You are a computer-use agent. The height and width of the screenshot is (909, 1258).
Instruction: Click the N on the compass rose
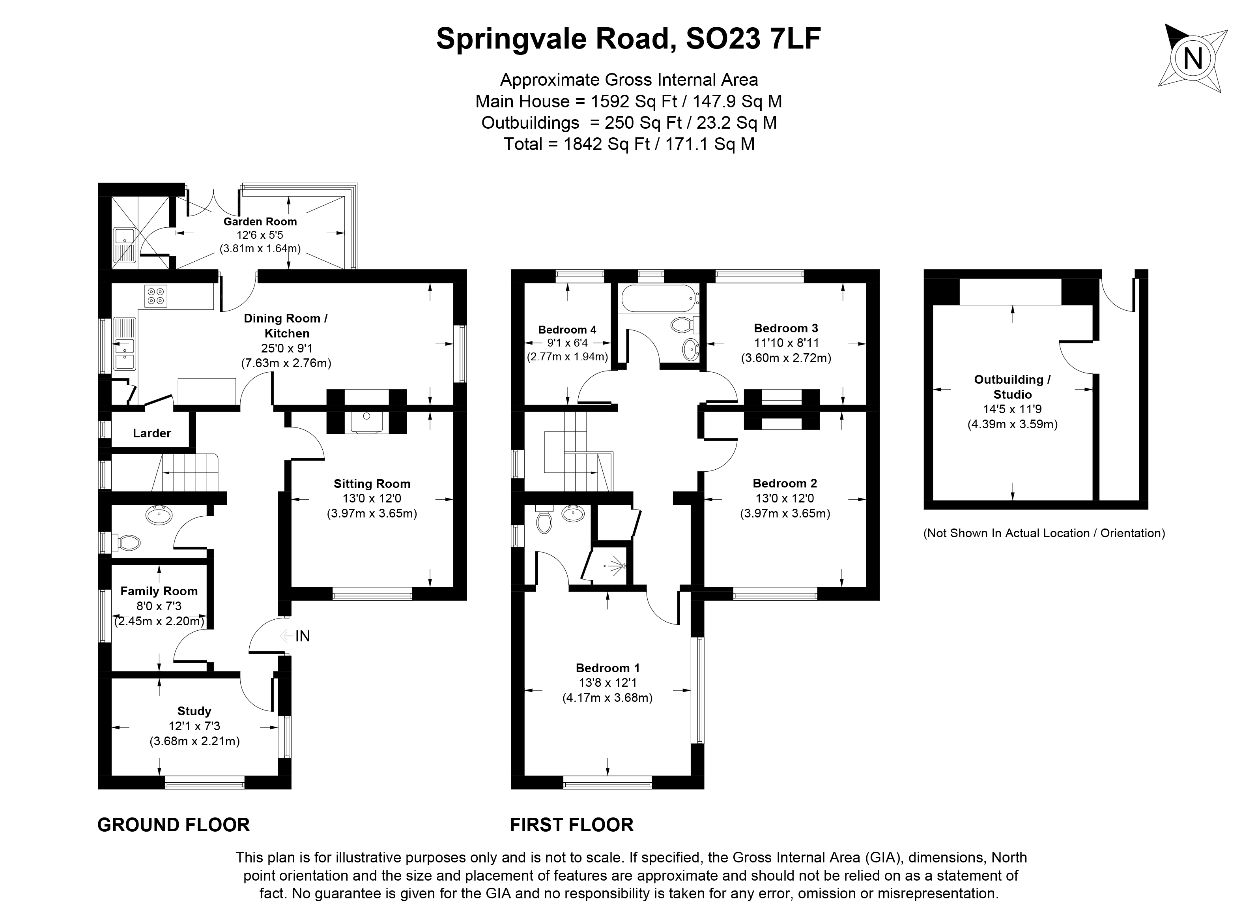tap(1193, 59)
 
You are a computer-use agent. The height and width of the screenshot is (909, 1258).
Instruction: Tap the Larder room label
tap(151, 433)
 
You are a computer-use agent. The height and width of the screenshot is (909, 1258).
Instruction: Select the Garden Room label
tap(260, 221)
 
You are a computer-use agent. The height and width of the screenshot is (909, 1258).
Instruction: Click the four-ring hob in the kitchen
tap(156, 296)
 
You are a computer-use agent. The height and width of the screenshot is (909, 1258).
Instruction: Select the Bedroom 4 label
tap(567, 330)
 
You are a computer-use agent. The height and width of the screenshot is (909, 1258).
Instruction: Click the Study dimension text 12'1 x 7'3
tap(194, 726)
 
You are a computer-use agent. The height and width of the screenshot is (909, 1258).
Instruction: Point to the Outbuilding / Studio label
tap(1012, 387)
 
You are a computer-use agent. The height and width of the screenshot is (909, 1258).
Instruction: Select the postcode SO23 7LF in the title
tap(753, 39)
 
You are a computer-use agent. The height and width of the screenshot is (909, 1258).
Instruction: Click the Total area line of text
tap(628, 144)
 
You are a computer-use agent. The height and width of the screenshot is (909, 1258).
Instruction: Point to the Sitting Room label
tap(372, 484)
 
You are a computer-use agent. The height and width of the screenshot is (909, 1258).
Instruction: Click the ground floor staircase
tap(189, 472)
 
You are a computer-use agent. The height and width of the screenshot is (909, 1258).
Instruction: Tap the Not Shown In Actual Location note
tap(1043, 533)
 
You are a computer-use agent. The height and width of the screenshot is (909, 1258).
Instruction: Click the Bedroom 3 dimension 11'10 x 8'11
tap(786, 343)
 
